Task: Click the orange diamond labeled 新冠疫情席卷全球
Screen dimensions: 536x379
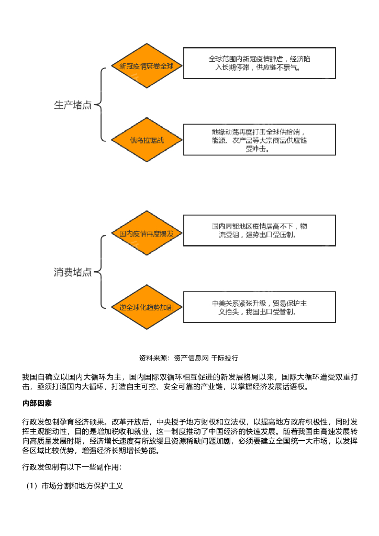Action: tap(147, 66)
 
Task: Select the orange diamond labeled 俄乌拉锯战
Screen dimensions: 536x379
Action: tap(147, 140)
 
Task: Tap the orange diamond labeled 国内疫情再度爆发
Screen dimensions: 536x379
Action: tap(147, 233)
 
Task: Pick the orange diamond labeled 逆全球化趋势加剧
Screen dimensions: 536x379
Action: tap(147, 307)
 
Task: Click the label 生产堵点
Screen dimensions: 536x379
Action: tap(73, 105)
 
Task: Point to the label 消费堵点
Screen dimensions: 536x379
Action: tap(73, 272)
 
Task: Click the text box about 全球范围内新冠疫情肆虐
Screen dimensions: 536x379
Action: tap(259, 63)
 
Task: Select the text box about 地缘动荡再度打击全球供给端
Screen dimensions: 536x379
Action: tap(259, 140)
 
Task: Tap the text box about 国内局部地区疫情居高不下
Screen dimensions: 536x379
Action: tap(259, 230)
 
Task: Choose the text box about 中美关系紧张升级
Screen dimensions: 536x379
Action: tap(259, 307)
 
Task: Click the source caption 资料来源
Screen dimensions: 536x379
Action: tap(152, 358)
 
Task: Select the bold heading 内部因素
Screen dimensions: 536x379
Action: tap(37, 404)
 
